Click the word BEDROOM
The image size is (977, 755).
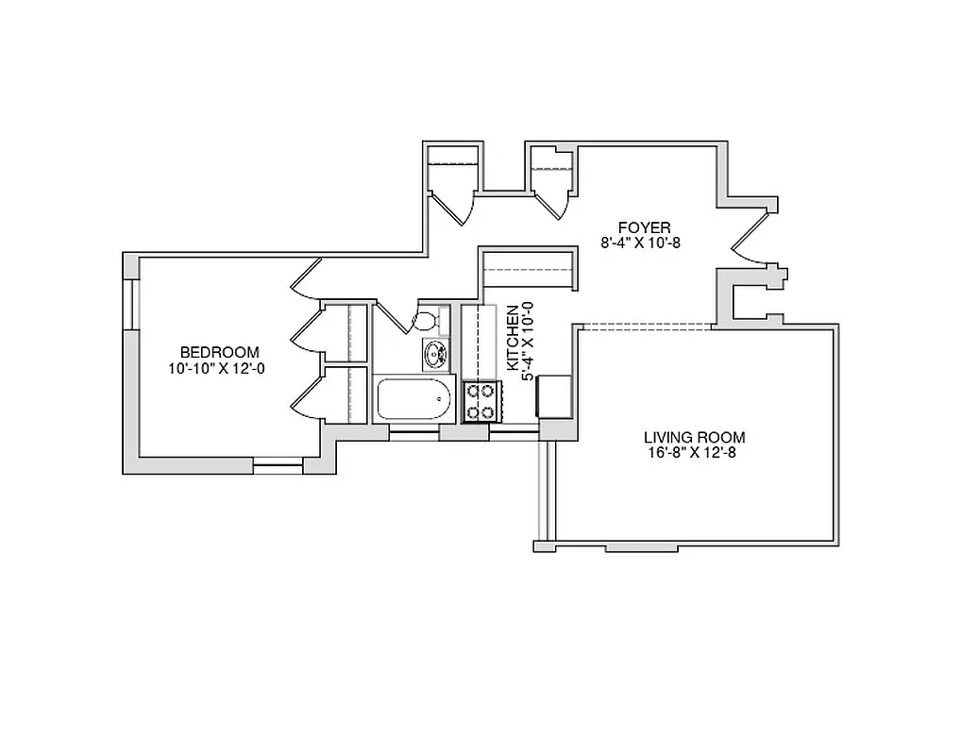click(x=219, y=353)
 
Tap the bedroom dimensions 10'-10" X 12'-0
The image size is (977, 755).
click(x=217, y=369)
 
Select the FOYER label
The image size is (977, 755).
click(x=644, y=227)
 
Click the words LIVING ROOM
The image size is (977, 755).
click(x=694, y=437)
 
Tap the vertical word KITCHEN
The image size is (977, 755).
click(x=512, y=337)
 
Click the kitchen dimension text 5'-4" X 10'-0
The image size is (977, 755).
click(x=528, y=341)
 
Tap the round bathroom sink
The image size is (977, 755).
click(x=435, y=354)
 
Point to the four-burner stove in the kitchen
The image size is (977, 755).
click(x=480, y=401)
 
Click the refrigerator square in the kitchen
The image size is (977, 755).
click(x=555, y=396)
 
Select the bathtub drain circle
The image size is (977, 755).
click(x=439, y=399)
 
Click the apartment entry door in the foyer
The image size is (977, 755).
click(x=752, y=235)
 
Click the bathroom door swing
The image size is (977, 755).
click(x=391, y=317)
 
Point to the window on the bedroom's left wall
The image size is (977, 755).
click(x=131, y=302)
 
